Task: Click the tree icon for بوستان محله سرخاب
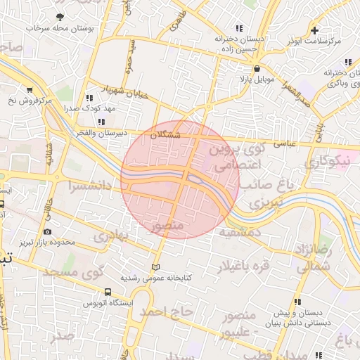pyautogui.click(x=60, y=17)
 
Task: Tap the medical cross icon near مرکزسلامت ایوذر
pyautogui.click(x=315, y=30)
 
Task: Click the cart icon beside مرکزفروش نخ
pyautogui.click(x=30, y=89)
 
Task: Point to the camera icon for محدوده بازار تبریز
pyautogui.click(x=47, y=231)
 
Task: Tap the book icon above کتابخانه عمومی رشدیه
pyautogui.click(x=155, y=267)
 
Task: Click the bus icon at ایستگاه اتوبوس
pyautogui.click(x=108, y=291)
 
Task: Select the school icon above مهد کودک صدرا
pyautogui.click(x=89, y=98)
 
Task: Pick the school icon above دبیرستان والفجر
pyautogui.click(x=102, y=122)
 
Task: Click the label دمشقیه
pyautogui.click(x=240, y=231)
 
